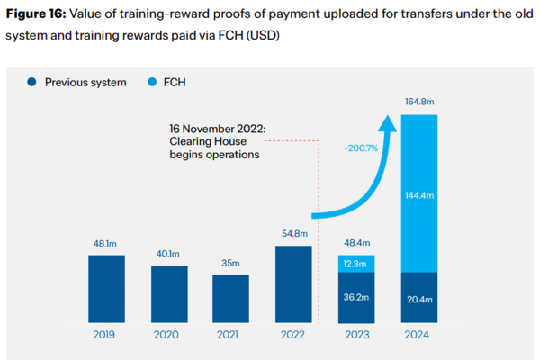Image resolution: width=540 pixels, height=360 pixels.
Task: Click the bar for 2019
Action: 107,289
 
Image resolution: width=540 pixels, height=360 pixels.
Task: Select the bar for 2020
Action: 169,294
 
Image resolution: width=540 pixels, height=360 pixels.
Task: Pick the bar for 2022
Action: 293,284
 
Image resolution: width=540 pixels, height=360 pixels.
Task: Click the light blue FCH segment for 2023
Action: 355,264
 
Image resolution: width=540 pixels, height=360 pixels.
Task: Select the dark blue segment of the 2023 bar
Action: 355,297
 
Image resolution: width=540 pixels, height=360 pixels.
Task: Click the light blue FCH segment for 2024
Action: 418,193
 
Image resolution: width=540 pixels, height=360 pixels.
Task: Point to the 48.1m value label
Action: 107,243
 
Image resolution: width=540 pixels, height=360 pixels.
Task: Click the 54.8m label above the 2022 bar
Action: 293,234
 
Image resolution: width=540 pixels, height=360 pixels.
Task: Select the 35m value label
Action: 231,263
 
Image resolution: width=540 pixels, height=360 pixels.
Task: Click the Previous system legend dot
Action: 32,82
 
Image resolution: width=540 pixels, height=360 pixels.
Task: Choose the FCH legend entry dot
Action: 152,82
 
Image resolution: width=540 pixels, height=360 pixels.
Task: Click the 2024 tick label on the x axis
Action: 418,334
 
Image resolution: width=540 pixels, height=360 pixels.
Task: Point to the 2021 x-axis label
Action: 231,334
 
